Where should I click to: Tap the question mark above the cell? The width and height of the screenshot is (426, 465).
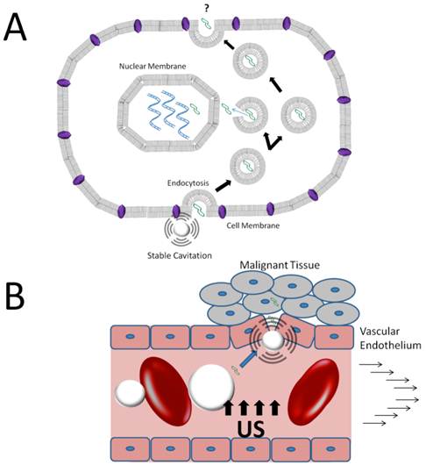click(202, 8)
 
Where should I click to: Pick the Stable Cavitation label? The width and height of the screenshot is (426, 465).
click(181, 256)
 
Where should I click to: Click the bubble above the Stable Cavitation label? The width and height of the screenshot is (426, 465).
click(182, 229)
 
